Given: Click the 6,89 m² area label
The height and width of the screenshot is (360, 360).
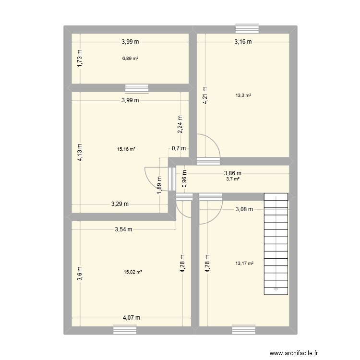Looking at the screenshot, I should (130, 59).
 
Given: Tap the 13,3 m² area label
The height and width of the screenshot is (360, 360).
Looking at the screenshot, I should (243, 95).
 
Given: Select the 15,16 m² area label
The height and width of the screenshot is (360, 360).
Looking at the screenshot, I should (126, 149).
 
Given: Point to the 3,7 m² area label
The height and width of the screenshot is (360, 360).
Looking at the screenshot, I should (233, 179).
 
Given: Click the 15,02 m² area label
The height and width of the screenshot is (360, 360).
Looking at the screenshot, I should (133, 272).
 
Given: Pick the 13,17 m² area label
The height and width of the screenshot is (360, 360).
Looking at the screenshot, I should (244, 263).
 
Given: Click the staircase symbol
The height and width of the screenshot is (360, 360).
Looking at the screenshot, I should (276, 243).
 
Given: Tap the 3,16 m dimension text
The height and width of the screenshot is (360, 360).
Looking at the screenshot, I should (243, 42).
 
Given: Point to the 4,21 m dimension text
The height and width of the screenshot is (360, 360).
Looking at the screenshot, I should (205, 95).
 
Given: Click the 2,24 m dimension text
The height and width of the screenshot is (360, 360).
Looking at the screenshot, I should (180, 124).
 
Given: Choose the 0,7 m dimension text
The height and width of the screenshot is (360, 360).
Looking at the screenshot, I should (179, 148).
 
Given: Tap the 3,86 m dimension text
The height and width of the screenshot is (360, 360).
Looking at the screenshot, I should (232, 174).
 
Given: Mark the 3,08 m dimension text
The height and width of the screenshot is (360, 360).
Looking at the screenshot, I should (244, 209).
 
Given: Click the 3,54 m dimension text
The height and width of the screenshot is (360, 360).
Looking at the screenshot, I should (124, 230).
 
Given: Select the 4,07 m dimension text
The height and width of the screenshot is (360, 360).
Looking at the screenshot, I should (132, 318).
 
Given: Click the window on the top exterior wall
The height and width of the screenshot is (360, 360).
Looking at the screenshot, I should (247, 29).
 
